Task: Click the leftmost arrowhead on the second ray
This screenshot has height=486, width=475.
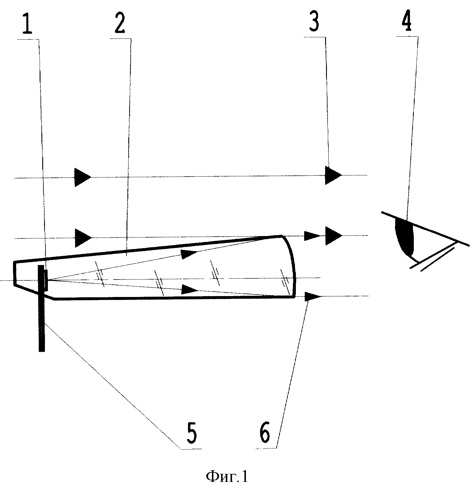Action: coord(83,238)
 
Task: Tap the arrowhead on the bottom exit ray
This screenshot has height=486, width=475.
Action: coord(312,296)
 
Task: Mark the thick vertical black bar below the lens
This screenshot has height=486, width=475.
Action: coord(42,308)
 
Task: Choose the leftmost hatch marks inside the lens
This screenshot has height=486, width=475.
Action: coord(100,274)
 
